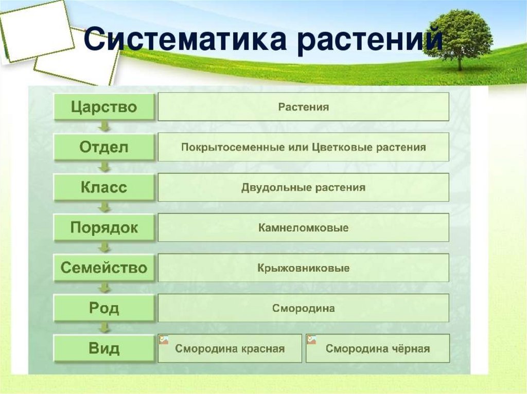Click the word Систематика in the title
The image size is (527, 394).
(x=185, y=39)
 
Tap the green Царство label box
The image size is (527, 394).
(x=104, y=107)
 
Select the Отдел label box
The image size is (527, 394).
(x=104, y=147)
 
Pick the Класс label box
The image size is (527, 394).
(x=104, y=187)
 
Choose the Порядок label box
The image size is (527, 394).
(x=104, y=228)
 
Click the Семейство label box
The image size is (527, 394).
(x=104, y=268)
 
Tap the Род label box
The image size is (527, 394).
(x=104, y=308)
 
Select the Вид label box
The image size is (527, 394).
(x=104, y=348)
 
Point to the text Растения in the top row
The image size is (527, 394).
(x=304, y=107)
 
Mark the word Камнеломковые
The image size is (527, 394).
(x=304, y=228)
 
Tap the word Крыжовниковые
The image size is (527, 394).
(x=304, y=268)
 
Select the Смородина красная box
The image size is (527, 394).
(x=230, y=348)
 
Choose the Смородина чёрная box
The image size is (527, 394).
(x=378, y=348)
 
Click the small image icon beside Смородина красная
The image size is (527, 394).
(x=164, y=340)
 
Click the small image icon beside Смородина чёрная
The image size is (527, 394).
(x=311, y=340)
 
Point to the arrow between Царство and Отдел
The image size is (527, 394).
(x=105, y=126)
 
